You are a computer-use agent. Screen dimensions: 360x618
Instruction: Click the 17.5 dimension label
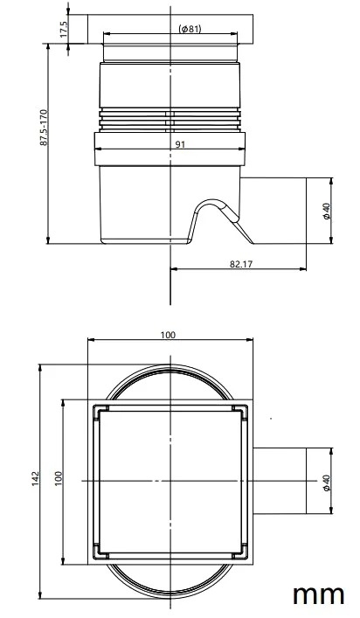click(64, 29)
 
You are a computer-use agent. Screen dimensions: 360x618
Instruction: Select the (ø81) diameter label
click(190, 28)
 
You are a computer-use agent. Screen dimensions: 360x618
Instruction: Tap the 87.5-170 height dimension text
click(44, 128)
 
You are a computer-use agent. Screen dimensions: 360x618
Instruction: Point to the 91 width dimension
click(180, 144)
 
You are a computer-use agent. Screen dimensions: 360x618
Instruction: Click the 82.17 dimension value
click(240, 264)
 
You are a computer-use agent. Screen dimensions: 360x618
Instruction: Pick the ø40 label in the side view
click(326, 211)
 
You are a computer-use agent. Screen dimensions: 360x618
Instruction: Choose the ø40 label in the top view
click(326, 483)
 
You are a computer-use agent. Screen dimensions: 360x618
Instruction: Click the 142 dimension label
click(36, 478)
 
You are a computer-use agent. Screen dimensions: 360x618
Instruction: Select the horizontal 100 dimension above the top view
click(168, 335)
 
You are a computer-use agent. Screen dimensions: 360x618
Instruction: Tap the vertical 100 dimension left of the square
click(59, 478)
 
